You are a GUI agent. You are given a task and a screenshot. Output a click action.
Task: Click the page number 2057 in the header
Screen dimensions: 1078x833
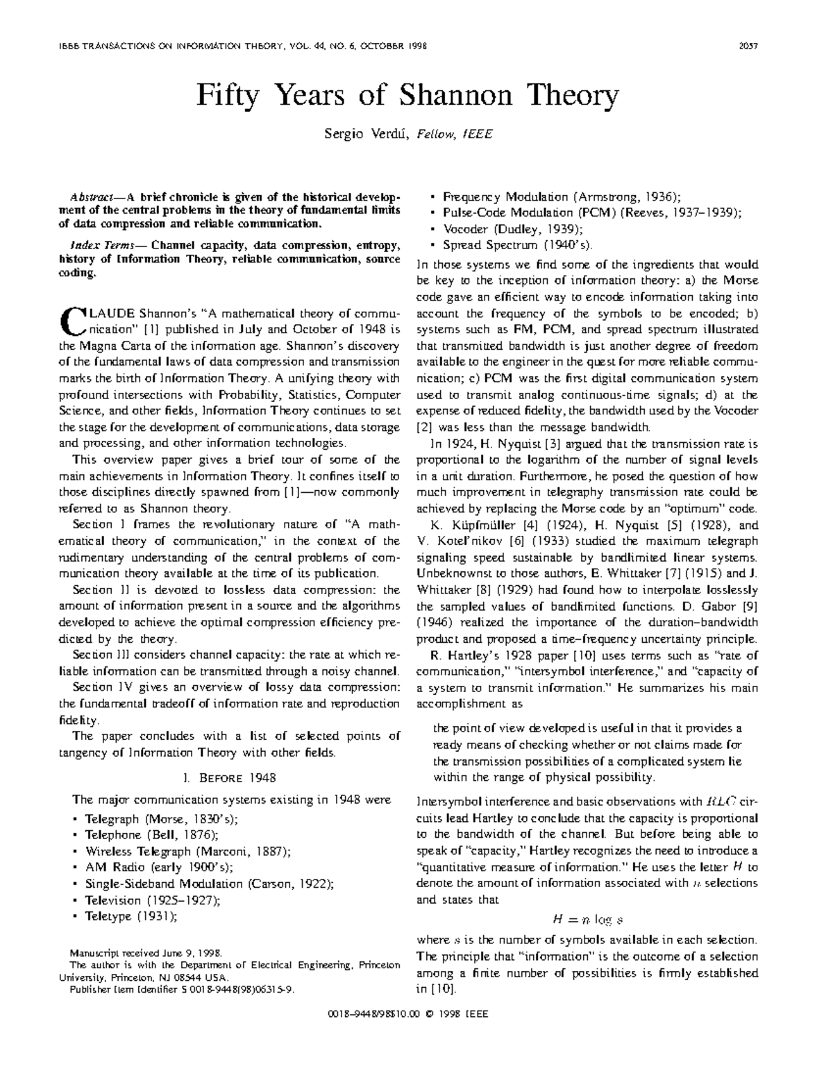(x=748, y=47)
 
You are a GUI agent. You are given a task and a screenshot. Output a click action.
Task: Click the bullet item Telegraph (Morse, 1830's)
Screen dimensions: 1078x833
(x=161, y=819)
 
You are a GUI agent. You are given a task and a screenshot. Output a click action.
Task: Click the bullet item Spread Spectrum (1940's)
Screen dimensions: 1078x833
(x=518, y=245)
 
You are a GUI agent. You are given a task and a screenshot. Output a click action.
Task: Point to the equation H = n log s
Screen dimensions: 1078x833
(x=587, y=920)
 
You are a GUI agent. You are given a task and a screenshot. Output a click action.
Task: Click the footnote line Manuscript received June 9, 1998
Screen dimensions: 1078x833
(x=146, y=954)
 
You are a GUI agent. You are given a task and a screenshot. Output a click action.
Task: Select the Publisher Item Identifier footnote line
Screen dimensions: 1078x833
(x=182, y=990)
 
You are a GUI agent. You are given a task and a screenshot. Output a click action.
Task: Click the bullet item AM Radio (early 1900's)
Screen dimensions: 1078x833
(x=159, y=868)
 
